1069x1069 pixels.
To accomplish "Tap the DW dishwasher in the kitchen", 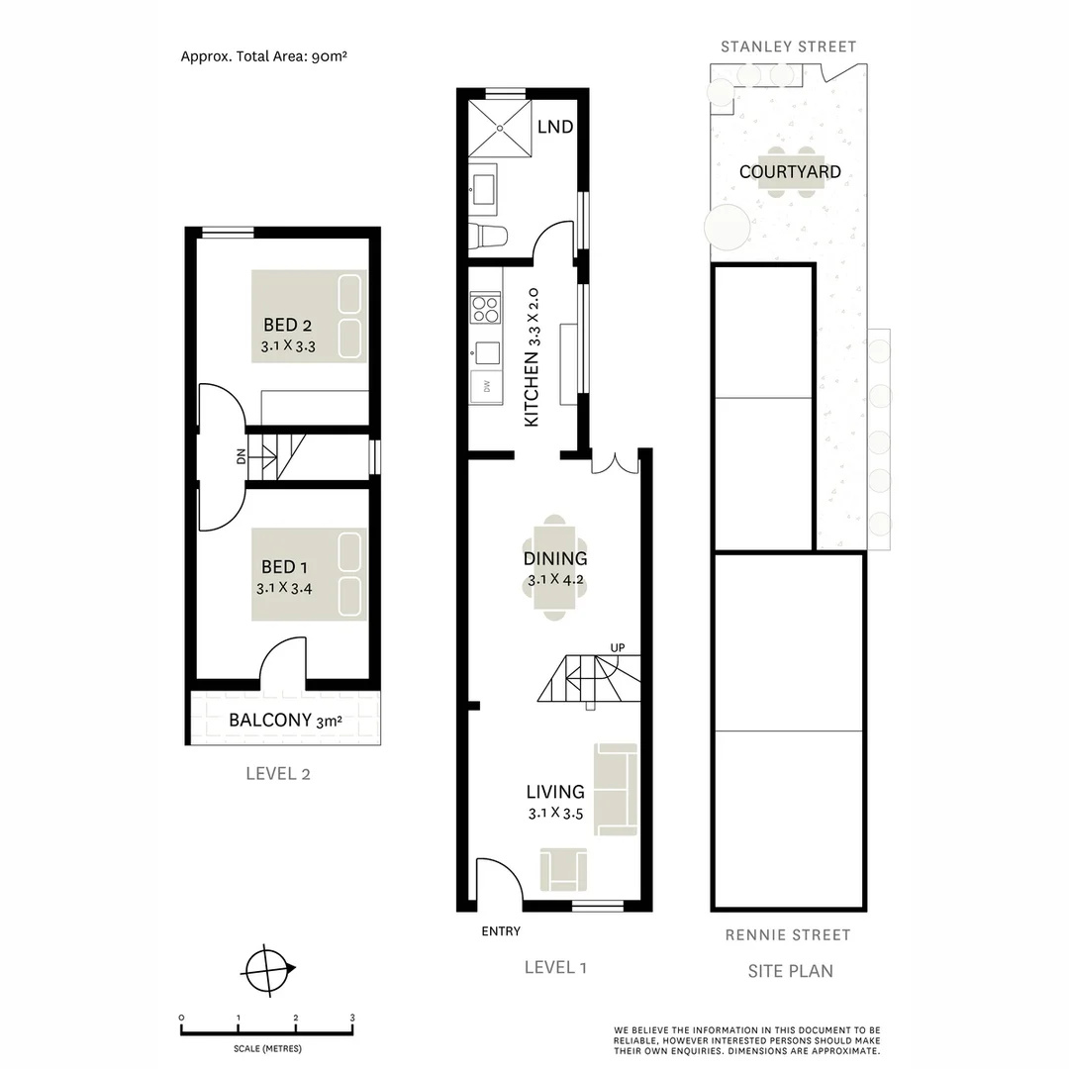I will (486, 386).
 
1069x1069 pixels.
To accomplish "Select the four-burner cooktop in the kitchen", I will (486, 309).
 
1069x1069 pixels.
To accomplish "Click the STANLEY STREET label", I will (788, 47).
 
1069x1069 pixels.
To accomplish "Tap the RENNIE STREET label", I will (788, 934).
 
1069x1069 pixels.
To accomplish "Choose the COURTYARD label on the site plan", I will (790, 172).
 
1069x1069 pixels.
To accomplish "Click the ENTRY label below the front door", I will (501, 931).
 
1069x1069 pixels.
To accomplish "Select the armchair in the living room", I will (562, 869).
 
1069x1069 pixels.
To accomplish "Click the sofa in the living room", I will (616, 789).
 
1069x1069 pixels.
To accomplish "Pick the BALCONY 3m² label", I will (285, 720).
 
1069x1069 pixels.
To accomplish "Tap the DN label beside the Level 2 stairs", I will (241, 457).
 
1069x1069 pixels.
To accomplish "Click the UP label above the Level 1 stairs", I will (618, 648).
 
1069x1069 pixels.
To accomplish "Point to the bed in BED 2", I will (309, 316).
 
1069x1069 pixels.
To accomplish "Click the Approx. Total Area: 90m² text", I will (263, 56).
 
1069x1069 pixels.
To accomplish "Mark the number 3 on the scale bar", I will (352, 1018).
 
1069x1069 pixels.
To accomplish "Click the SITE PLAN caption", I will (789, 971).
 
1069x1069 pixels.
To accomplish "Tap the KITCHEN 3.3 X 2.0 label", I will (532, 356).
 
